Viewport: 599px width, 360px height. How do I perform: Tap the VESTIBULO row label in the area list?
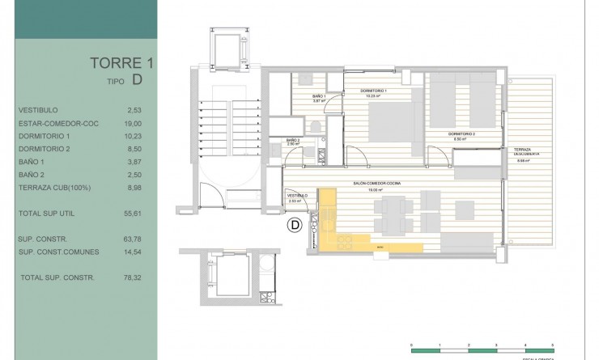[38, 109]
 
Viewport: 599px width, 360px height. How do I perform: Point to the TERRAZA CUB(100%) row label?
[53, 187]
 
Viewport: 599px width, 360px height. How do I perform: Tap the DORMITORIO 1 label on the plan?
[373, 91]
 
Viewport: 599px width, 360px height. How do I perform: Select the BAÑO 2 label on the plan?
[293, 140]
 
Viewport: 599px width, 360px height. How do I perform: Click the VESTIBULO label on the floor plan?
[297, 196]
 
